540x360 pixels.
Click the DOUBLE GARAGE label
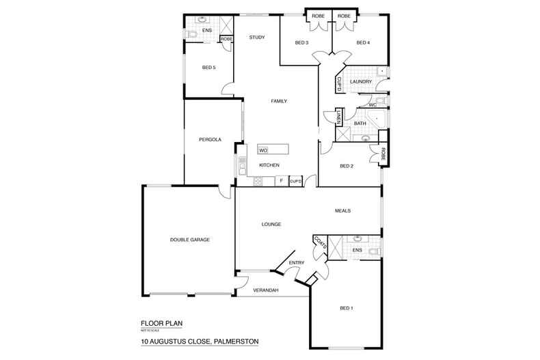point(190,240)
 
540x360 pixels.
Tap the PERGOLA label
point(210,139)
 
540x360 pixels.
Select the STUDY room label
point(257,38)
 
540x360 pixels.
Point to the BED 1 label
point(347,309)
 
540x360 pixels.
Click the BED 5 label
point(208,68)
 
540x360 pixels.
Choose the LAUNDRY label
point(360,82)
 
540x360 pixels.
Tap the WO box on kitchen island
point(263,150)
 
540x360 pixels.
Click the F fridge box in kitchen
point(281,181)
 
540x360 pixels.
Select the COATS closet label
point(319,244)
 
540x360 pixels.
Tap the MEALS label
point(342,210)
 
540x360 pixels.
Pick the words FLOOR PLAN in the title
point(161,324)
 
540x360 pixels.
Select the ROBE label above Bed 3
point(318,16)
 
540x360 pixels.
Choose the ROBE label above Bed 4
point(344,16)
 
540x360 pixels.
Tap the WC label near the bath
point(373,105)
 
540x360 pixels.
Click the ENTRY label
point(296,263)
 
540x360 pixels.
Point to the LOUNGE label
point(271,224)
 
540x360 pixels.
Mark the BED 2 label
point(347,166)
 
